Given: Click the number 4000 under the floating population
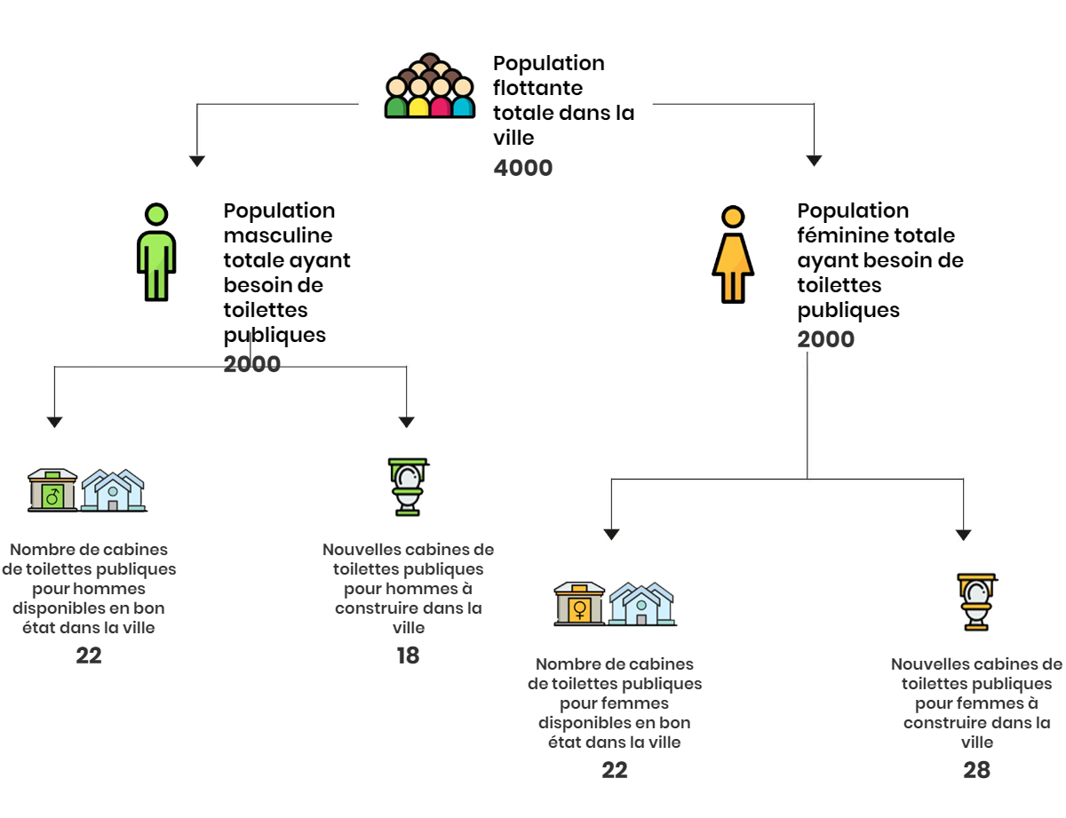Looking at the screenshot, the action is coord(523,168).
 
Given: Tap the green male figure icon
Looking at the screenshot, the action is coord(156,252).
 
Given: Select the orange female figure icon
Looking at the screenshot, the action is coord(733,255).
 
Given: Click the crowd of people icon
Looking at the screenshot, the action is coord(430,85).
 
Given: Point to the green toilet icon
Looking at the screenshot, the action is coord(408,487).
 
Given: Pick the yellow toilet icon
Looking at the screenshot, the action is coord(976,601).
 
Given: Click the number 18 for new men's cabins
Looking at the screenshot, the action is coord(408,655).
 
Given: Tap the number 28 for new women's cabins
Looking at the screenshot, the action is coord(976,770).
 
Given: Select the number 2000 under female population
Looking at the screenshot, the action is coord(825,339).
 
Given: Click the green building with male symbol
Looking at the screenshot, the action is coord(52,490).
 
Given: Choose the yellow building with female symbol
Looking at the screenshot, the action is coord(579,604).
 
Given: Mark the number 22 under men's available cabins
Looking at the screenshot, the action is coord(89,655).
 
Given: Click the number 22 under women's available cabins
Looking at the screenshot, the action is coord(615,770).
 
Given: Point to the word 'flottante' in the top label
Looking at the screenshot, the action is coord(537,88).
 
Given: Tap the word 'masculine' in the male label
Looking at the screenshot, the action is coord(278,235).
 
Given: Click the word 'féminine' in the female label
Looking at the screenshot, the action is coord(834,235).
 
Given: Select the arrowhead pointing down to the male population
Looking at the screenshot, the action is coord(196,162).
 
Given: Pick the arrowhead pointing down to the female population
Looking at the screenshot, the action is coord(814,161).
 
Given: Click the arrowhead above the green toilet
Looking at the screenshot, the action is coord(406,422).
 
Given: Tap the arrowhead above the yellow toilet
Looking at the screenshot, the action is coord(964,535).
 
